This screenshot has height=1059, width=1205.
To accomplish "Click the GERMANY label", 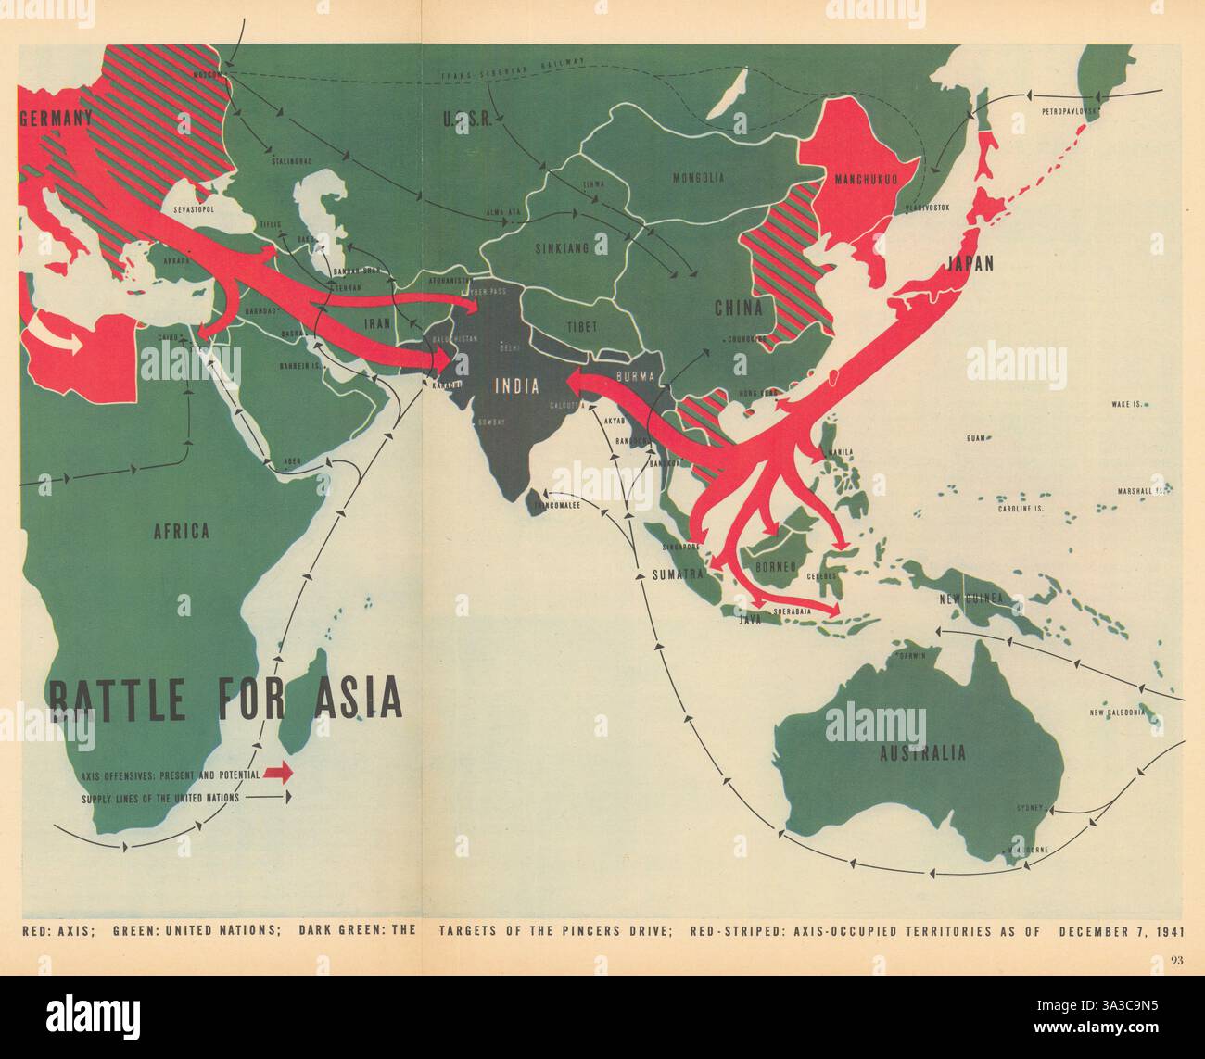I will click(56, 119).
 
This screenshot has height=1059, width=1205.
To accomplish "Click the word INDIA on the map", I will click(518, 388).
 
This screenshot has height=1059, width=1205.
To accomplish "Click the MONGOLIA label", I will click(696, 177).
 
